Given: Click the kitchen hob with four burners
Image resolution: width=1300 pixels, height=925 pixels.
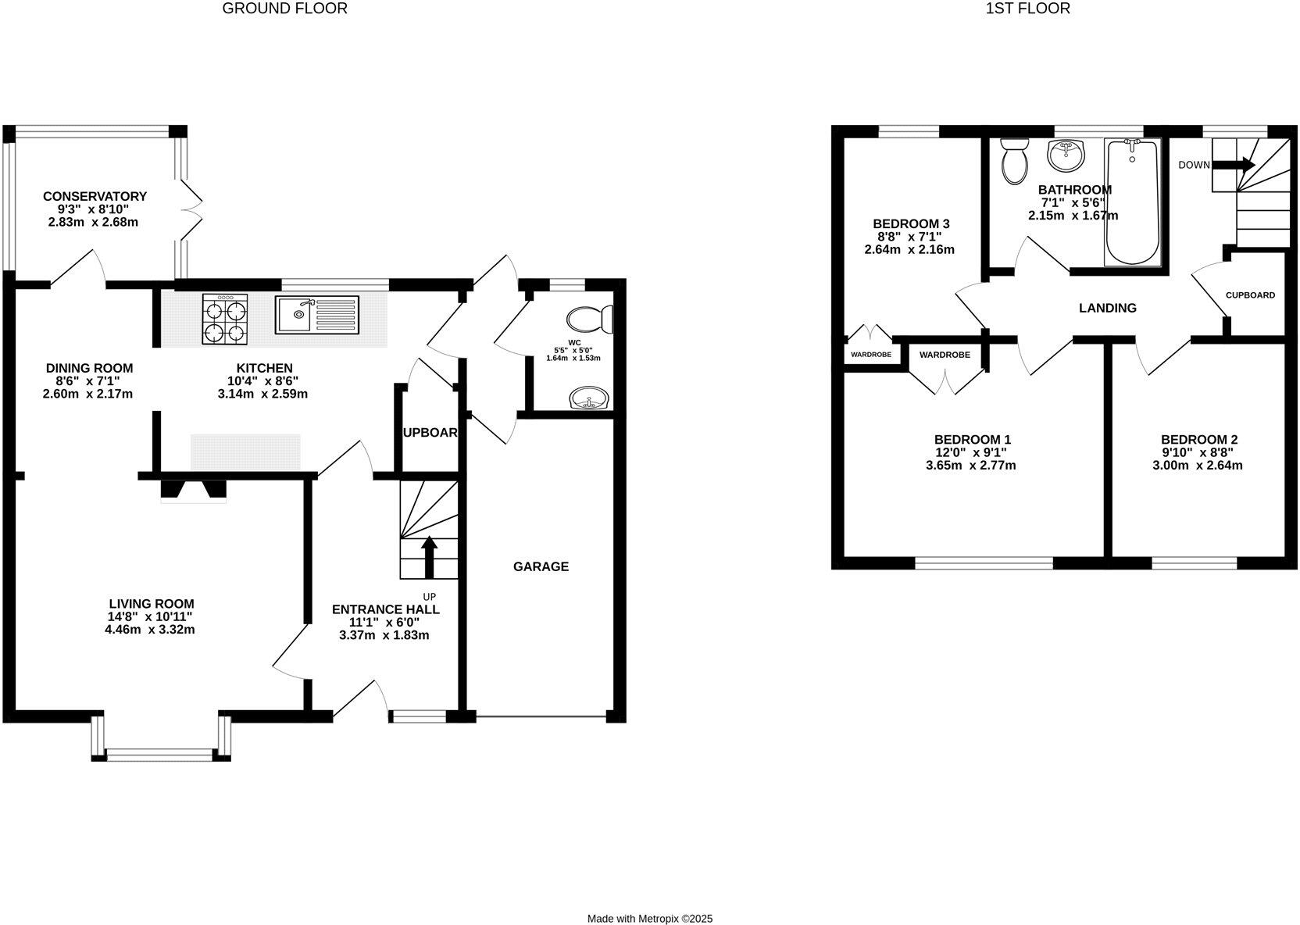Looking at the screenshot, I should (x=225, y=319).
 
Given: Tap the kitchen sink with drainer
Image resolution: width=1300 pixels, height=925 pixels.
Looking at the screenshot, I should (x=316, y=315).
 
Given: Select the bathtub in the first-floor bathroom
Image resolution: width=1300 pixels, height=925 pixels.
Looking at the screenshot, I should (x=1131, y=202).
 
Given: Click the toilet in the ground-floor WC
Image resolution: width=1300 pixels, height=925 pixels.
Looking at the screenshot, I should (x=590, y=319).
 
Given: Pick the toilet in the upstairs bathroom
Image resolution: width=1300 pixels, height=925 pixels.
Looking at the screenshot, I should (x=1015, y=161).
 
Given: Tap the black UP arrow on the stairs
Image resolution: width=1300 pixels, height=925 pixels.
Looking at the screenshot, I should (x=428, y=555).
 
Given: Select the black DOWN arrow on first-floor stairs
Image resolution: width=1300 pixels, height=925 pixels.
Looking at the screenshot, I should (x=1234, y=165).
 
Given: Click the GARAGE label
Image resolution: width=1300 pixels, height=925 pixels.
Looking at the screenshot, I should (x=541, y=566).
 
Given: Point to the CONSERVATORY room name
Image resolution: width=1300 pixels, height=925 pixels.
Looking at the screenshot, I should (x=95, y=196).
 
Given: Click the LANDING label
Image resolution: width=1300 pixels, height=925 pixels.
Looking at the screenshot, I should (x=1107, y=308).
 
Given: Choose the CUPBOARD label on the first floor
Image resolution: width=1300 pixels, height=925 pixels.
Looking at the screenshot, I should (x=1250, y=295).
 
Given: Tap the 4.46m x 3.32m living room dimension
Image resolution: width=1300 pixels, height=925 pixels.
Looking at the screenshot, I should (x=150, y=629).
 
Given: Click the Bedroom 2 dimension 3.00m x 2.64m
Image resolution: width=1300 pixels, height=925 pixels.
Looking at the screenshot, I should (x=1198, y=465).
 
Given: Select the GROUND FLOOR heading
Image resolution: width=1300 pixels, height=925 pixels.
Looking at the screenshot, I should (x=284, y=9).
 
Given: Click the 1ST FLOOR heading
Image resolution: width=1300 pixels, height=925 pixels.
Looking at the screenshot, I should (x=1027, y=9).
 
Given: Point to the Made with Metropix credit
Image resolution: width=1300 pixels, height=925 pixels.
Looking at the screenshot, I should (x=650, y=919).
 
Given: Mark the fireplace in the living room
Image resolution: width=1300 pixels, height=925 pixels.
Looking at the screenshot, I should (x=193, y=491).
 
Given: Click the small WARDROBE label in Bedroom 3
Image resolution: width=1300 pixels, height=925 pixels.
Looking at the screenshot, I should (x=870, y=355).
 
